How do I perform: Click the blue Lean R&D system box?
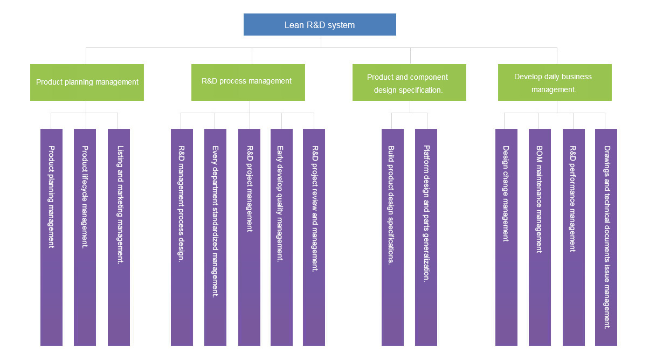coord(320,25)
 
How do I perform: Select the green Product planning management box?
coord(87,82)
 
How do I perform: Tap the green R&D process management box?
coord(248,82)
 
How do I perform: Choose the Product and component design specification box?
coord(409,82)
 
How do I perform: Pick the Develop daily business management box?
coord(555,82)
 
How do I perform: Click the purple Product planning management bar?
coord(51,237)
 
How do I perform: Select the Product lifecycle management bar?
coord(85,237)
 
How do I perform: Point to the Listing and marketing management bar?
coord(119,237)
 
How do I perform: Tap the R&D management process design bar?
coord(182,237)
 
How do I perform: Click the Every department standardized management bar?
coord(215,237)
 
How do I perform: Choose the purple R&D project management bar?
coord(249,237)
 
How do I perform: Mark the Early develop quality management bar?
coord(281,237)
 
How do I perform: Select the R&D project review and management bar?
coord(314,237)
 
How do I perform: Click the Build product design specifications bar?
coord(392,237)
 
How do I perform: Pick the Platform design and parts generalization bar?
coord(426,237)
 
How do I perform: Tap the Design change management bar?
coord(506,237)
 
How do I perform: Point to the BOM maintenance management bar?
coord(540,237)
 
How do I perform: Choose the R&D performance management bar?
coord(574,237)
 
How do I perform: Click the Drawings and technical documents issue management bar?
coord(606,237)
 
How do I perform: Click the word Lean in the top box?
coord(294,25)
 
